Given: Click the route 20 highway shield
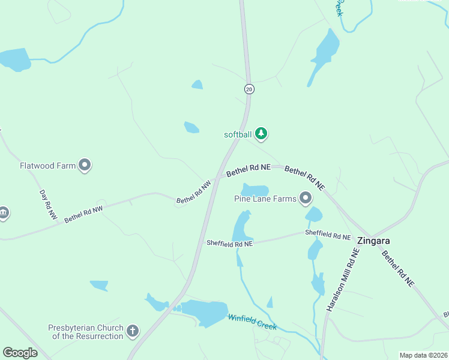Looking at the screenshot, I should point(250,89).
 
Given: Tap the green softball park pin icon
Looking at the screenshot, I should point(261,134).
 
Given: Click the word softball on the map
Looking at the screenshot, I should point(237,134).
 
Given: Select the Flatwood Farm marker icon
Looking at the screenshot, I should point(85,165).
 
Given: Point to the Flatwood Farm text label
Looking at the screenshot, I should point(48,165).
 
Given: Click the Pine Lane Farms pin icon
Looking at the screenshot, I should point(306,197).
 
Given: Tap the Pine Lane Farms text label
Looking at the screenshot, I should point(265,198).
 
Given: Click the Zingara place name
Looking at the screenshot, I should point(373,241).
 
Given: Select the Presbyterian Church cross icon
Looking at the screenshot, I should point(133,331).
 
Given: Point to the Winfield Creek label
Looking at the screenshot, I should point(252,322).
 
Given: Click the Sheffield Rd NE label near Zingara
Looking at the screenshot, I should point(328,234).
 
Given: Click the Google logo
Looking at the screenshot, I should point(20,353).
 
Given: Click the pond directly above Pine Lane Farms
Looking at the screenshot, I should point(255,189).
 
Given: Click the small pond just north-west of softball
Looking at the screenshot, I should point(191,127).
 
